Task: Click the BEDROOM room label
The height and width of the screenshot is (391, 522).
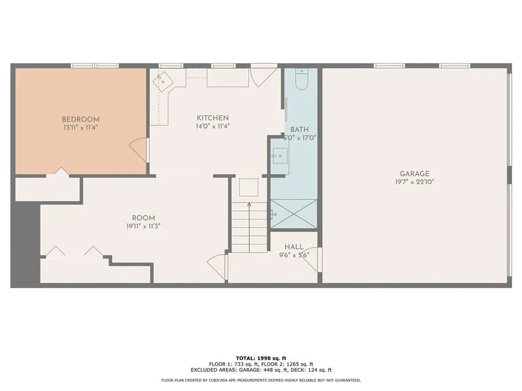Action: point(81,119)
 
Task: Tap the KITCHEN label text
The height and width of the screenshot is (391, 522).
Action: point(213,118)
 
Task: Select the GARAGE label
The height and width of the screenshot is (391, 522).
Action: point(414,174)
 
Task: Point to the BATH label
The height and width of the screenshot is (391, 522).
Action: point(299,130)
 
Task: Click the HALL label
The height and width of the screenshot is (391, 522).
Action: point(294,247)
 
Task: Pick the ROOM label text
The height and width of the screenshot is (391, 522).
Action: point(143,218)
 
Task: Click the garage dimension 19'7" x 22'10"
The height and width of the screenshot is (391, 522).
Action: point(414,182)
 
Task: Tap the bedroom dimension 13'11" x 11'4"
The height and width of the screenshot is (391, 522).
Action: point(81,127)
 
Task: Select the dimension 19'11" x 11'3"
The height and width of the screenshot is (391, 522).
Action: point(143,226)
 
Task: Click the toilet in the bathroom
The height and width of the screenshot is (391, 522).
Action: point(302,79)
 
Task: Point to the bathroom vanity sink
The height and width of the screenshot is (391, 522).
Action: point(280,156)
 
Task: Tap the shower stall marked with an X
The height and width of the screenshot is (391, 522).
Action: point(294,214)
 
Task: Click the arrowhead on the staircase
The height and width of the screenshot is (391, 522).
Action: point(249,205)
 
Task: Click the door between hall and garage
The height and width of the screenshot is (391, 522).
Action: point(311,260)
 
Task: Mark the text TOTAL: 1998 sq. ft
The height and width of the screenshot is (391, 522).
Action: point(261,358)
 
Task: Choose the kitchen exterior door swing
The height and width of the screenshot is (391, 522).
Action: point(263,78)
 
